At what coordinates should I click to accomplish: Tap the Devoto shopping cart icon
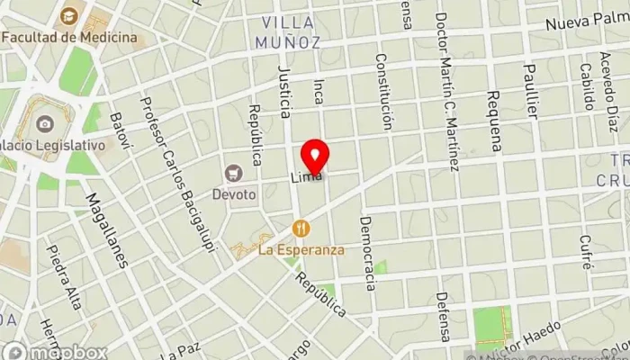(236, 172)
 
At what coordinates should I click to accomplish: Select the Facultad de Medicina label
(69, 37)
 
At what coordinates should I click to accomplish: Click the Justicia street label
(284, 91)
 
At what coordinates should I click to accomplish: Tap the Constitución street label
(385, 91)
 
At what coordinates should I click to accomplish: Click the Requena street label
(493, 121)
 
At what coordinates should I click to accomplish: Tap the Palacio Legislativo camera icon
(45, 127)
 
